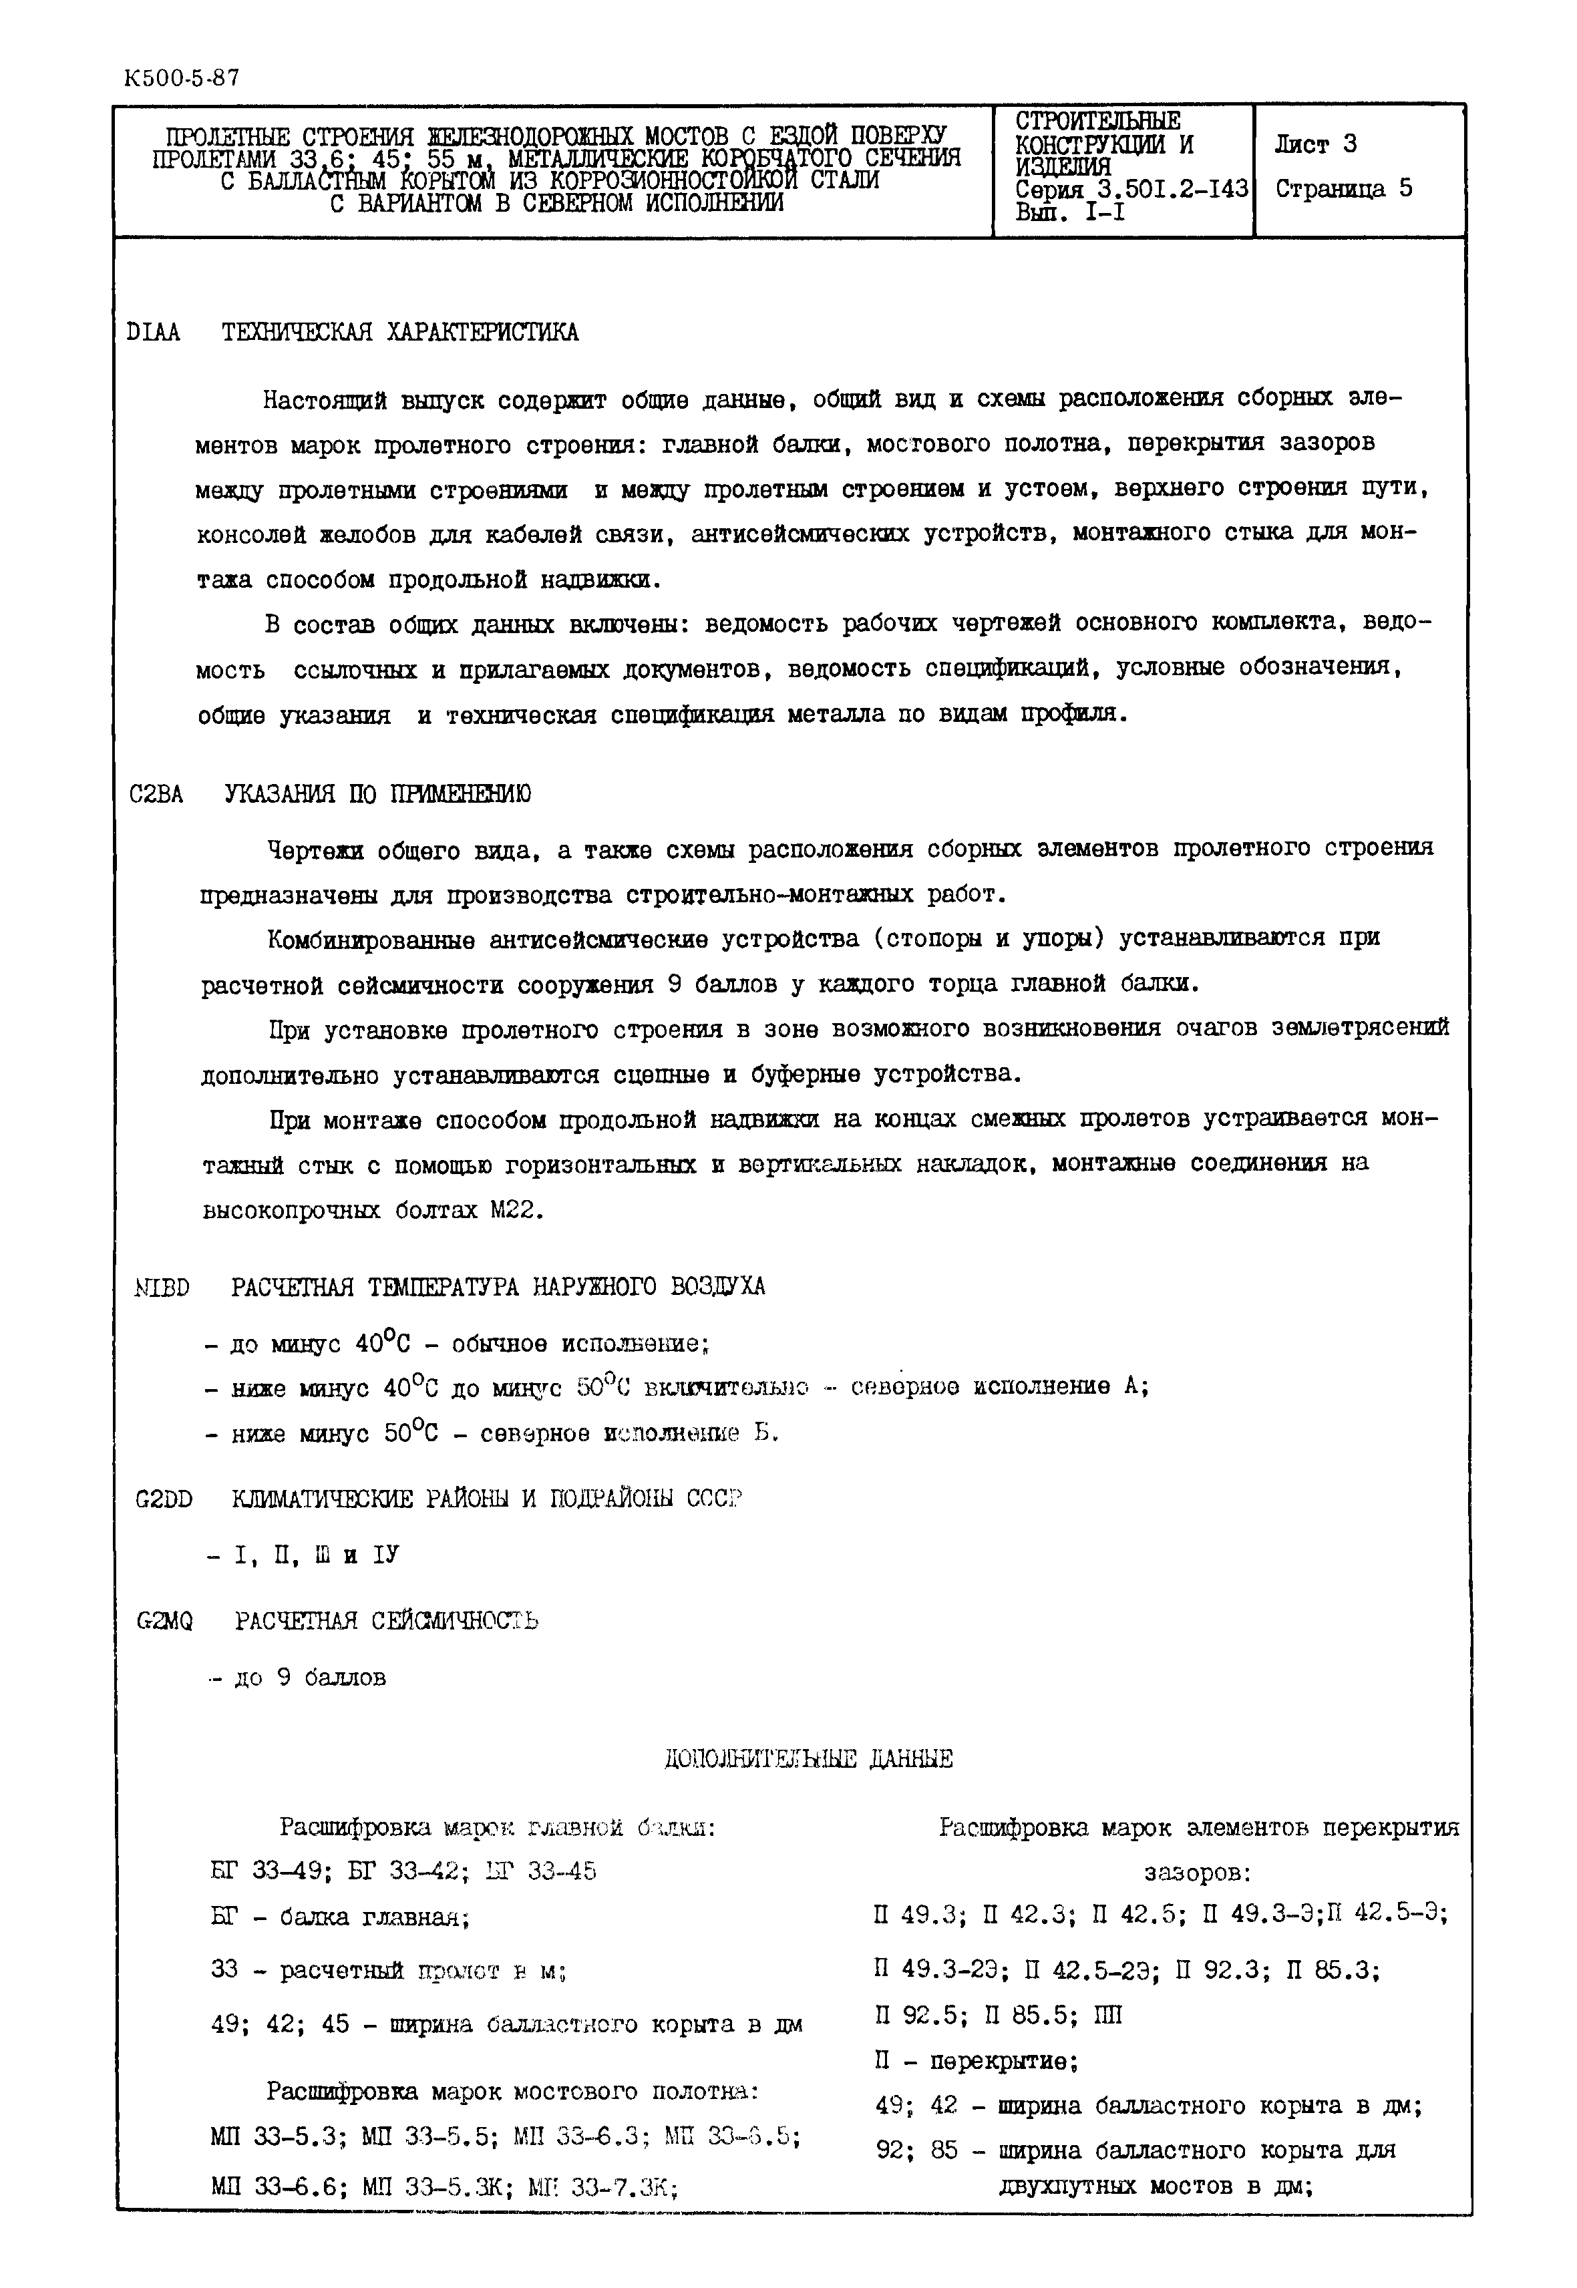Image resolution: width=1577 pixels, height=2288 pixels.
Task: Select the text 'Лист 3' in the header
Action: coord(1315,144)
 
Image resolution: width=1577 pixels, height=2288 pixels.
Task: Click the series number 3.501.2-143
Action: coord(1162,188)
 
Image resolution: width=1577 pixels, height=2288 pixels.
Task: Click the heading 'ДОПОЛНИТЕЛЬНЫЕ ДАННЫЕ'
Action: coord(808,1758)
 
